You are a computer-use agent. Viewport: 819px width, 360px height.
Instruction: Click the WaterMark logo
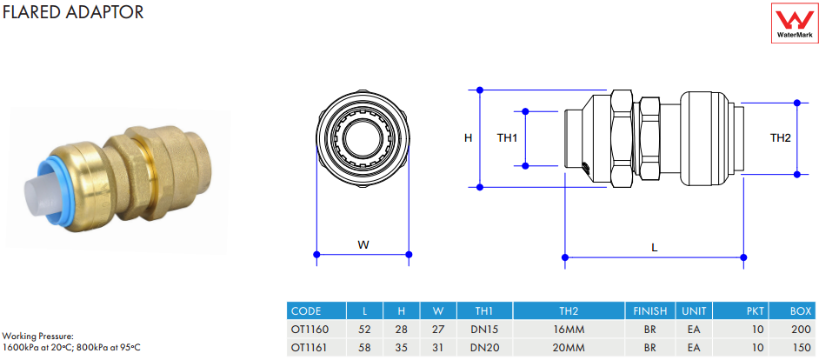click(795, 23)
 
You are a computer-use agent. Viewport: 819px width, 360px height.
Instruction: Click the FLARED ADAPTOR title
click(73, 12)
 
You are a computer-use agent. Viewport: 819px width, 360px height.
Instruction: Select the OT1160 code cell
click(310, 330)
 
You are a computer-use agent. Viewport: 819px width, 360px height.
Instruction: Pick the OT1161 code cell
click(310, 348)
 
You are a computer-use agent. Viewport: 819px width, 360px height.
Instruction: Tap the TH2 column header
click(569, 311)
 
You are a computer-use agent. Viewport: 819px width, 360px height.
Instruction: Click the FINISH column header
click(650, 311)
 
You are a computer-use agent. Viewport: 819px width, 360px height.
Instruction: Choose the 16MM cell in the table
click(569, 330)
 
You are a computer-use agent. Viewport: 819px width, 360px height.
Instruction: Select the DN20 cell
click(484, 348)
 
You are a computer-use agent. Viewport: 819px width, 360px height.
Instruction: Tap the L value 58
click(364, 348)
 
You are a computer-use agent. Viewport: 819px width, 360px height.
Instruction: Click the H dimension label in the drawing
click(468, 138)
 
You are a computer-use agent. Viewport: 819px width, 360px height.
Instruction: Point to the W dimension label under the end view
click(363, 244)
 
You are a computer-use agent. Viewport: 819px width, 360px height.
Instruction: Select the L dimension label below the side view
click(654, 248)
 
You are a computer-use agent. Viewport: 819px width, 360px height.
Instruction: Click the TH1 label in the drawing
click(507, 138)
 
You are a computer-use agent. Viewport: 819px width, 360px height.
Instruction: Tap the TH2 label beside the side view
click(781, 138)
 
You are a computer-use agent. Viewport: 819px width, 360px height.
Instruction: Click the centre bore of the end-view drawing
click(363, 138)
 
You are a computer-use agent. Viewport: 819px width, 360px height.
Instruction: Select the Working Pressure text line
click(38, 337)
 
